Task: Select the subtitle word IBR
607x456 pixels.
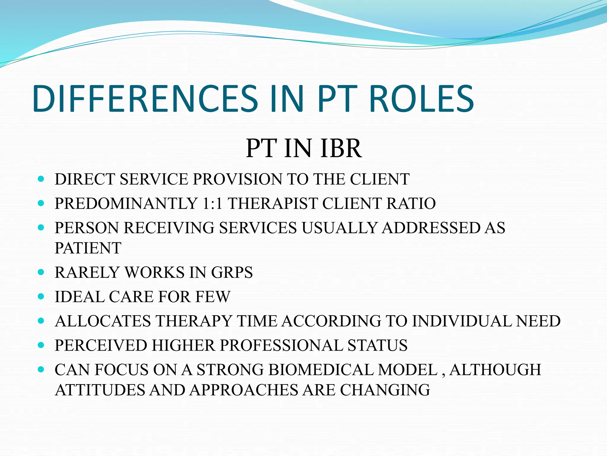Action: coord(341,148)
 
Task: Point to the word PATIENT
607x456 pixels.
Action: coord(88,248)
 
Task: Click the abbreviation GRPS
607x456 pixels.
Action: coord(232,273)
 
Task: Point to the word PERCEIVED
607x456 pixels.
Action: coord(101,346)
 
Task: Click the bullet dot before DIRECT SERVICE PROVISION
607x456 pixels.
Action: coord(41,179)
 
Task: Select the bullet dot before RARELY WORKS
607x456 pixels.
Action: coord(41,272)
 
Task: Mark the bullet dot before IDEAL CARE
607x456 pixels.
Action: coord(41,296)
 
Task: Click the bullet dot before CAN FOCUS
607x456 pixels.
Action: coord(41,370)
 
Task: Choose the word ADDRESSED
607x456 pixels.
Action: coord(431,228)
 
